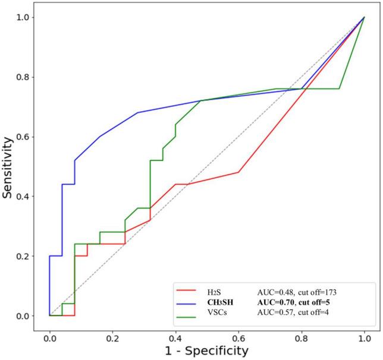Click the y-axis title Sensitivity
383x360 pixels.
[x=10, y=167]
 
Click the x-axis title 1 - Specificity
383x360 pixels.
[x=206, y=350]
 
